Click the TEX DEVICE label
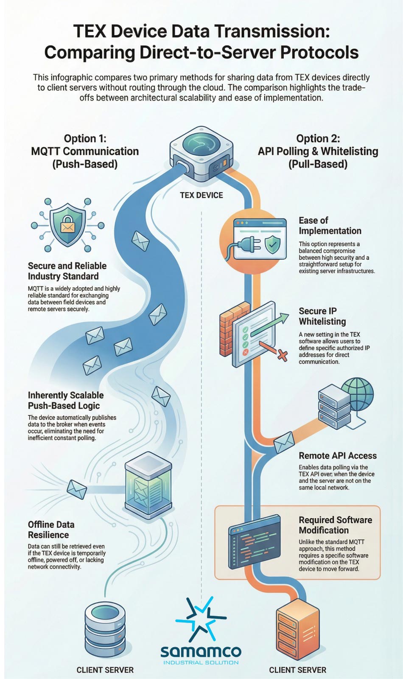click(201, 195)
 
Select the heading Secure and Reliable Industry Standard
click(67, 271)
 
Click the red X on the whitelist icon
click(282, 355)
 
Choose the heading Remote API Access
click(337, 456)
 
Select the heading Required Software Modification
click(335, 525)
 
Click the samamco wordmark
click(201, 651)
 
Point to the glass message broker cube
click(148, 485)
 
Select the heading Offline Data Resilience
click(51, 530)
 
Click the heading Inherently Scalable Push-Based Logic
click(65, 400)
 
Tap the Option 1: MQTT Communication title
click(85, 151)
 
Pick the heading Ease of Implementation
click(330, 226)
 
